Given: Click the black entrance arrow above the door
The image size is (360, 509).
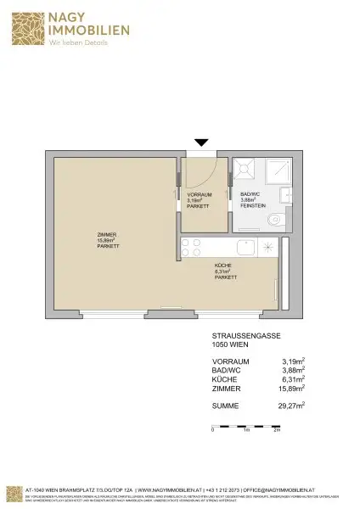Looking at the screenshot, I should (201, 143).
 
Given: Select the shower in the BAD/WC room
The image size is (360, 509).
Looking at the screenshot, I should (247, 171).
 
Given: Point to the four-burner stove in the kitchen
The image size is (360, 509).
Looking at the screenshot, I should (190, 249).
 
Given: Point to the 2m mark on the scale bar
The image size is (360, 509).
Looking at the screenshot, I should (277, 431).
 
